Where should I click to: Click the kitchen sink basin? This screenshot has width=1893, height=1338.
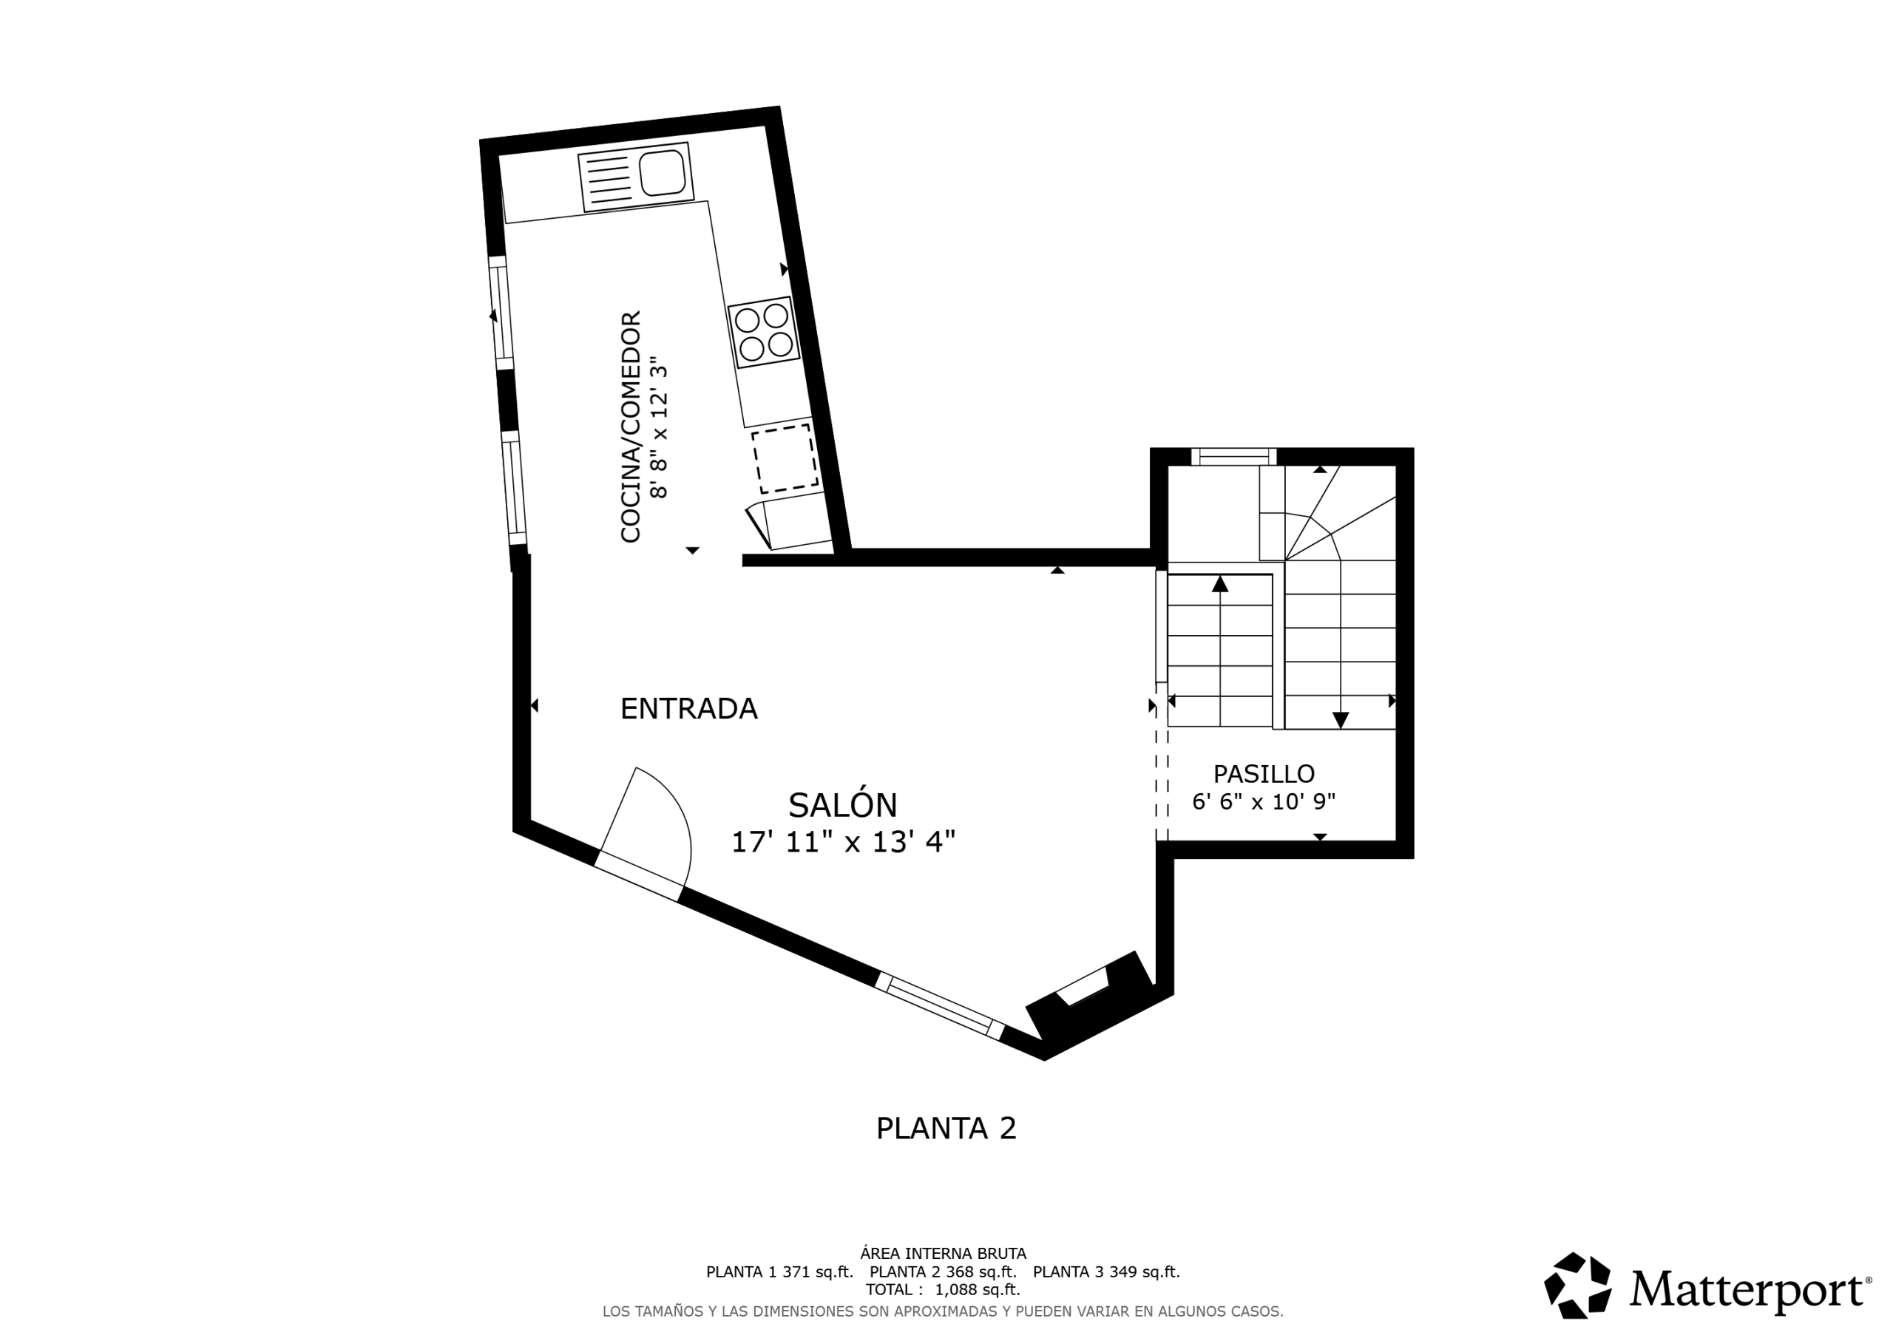pyautogui.click(x=662, y=172)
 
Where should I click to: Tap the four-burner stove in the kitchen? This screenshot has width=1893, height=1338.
pyautogui.click(x=763, y=332)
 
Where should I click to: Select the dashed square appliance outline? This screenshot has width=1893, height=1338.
pyautogui.click(x=785, y=458)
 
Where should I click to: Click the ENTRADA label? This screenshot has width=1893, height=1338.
pyautogui.click(x=688, y=709)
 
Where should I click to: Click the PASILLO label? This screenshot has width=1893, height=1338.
pyautogui.click(x=1264, y=774)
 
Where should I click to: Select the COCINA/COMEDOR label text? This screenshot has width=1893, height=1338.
pyautogui.click(x=631, y=427)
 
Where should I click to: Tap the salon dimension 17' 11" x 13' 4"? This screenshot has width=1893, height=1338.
pyautogui.click(x=844, y=842)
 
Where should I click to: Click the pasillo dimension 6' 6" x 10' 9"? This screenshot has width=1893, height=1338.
pyautogui.click(x=1264, y=801)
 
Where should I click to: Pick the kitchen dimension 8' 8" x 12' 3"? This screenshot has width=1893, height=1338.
pyautogui.click(x=659, y=427)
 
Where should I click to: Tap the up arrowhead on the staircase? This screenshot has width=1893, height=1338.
pyautogui.click(x=1220, y=584)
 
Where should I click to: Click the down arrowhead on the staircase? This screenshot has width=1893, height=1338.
pyautogui.click(x=1341, y=720)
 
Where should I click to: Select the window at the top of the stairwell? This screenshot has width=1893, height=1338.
pyautogui.click(x=1233, y=457)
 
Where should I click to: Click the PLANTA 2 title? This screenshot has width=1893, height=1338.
pyautogui.click(x=946, y=1129)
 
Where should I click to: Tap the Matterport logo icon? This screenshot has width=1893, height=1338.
pyautogui.click(x=1578, y=1286)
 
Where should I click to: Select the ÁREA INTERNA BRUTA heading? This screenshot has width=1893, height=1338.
pyautogui.click(x=944, y=1254)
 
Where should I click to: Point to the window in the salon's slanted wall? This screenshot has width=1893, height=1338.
pyautogui.click(x=940, y=1006)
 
